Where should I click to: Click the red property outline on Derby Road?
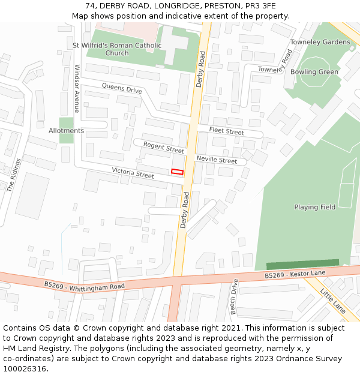coord(177,172)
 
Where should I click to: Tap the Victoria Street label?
coord(133,173)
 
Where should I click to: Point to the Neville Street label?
coord(217,160)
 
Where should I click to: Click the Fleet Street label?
coord(226,131)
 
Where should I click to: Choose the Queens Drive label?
coord(122,89)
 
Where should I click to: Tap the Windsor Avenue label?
coord(76,89)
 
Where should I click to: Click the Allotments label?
coord(66,130)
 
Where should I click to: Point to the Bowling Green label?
coord(314,72)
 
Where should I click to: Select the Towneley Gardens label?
coord(320,42)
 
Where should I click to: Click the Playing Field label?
coord(314,207)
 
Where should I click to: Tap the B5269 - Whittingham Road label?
coord(85,286)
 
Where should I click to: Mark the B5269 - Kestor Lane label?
coord(295,274)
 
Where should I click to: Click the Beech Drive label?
coord(234,296)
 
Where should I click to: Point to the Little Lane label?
coord(333,301)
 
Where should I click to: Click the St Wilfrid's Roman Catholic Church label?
coord(117,49)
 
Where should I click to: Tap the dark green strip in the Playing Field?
coord(302,264)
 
